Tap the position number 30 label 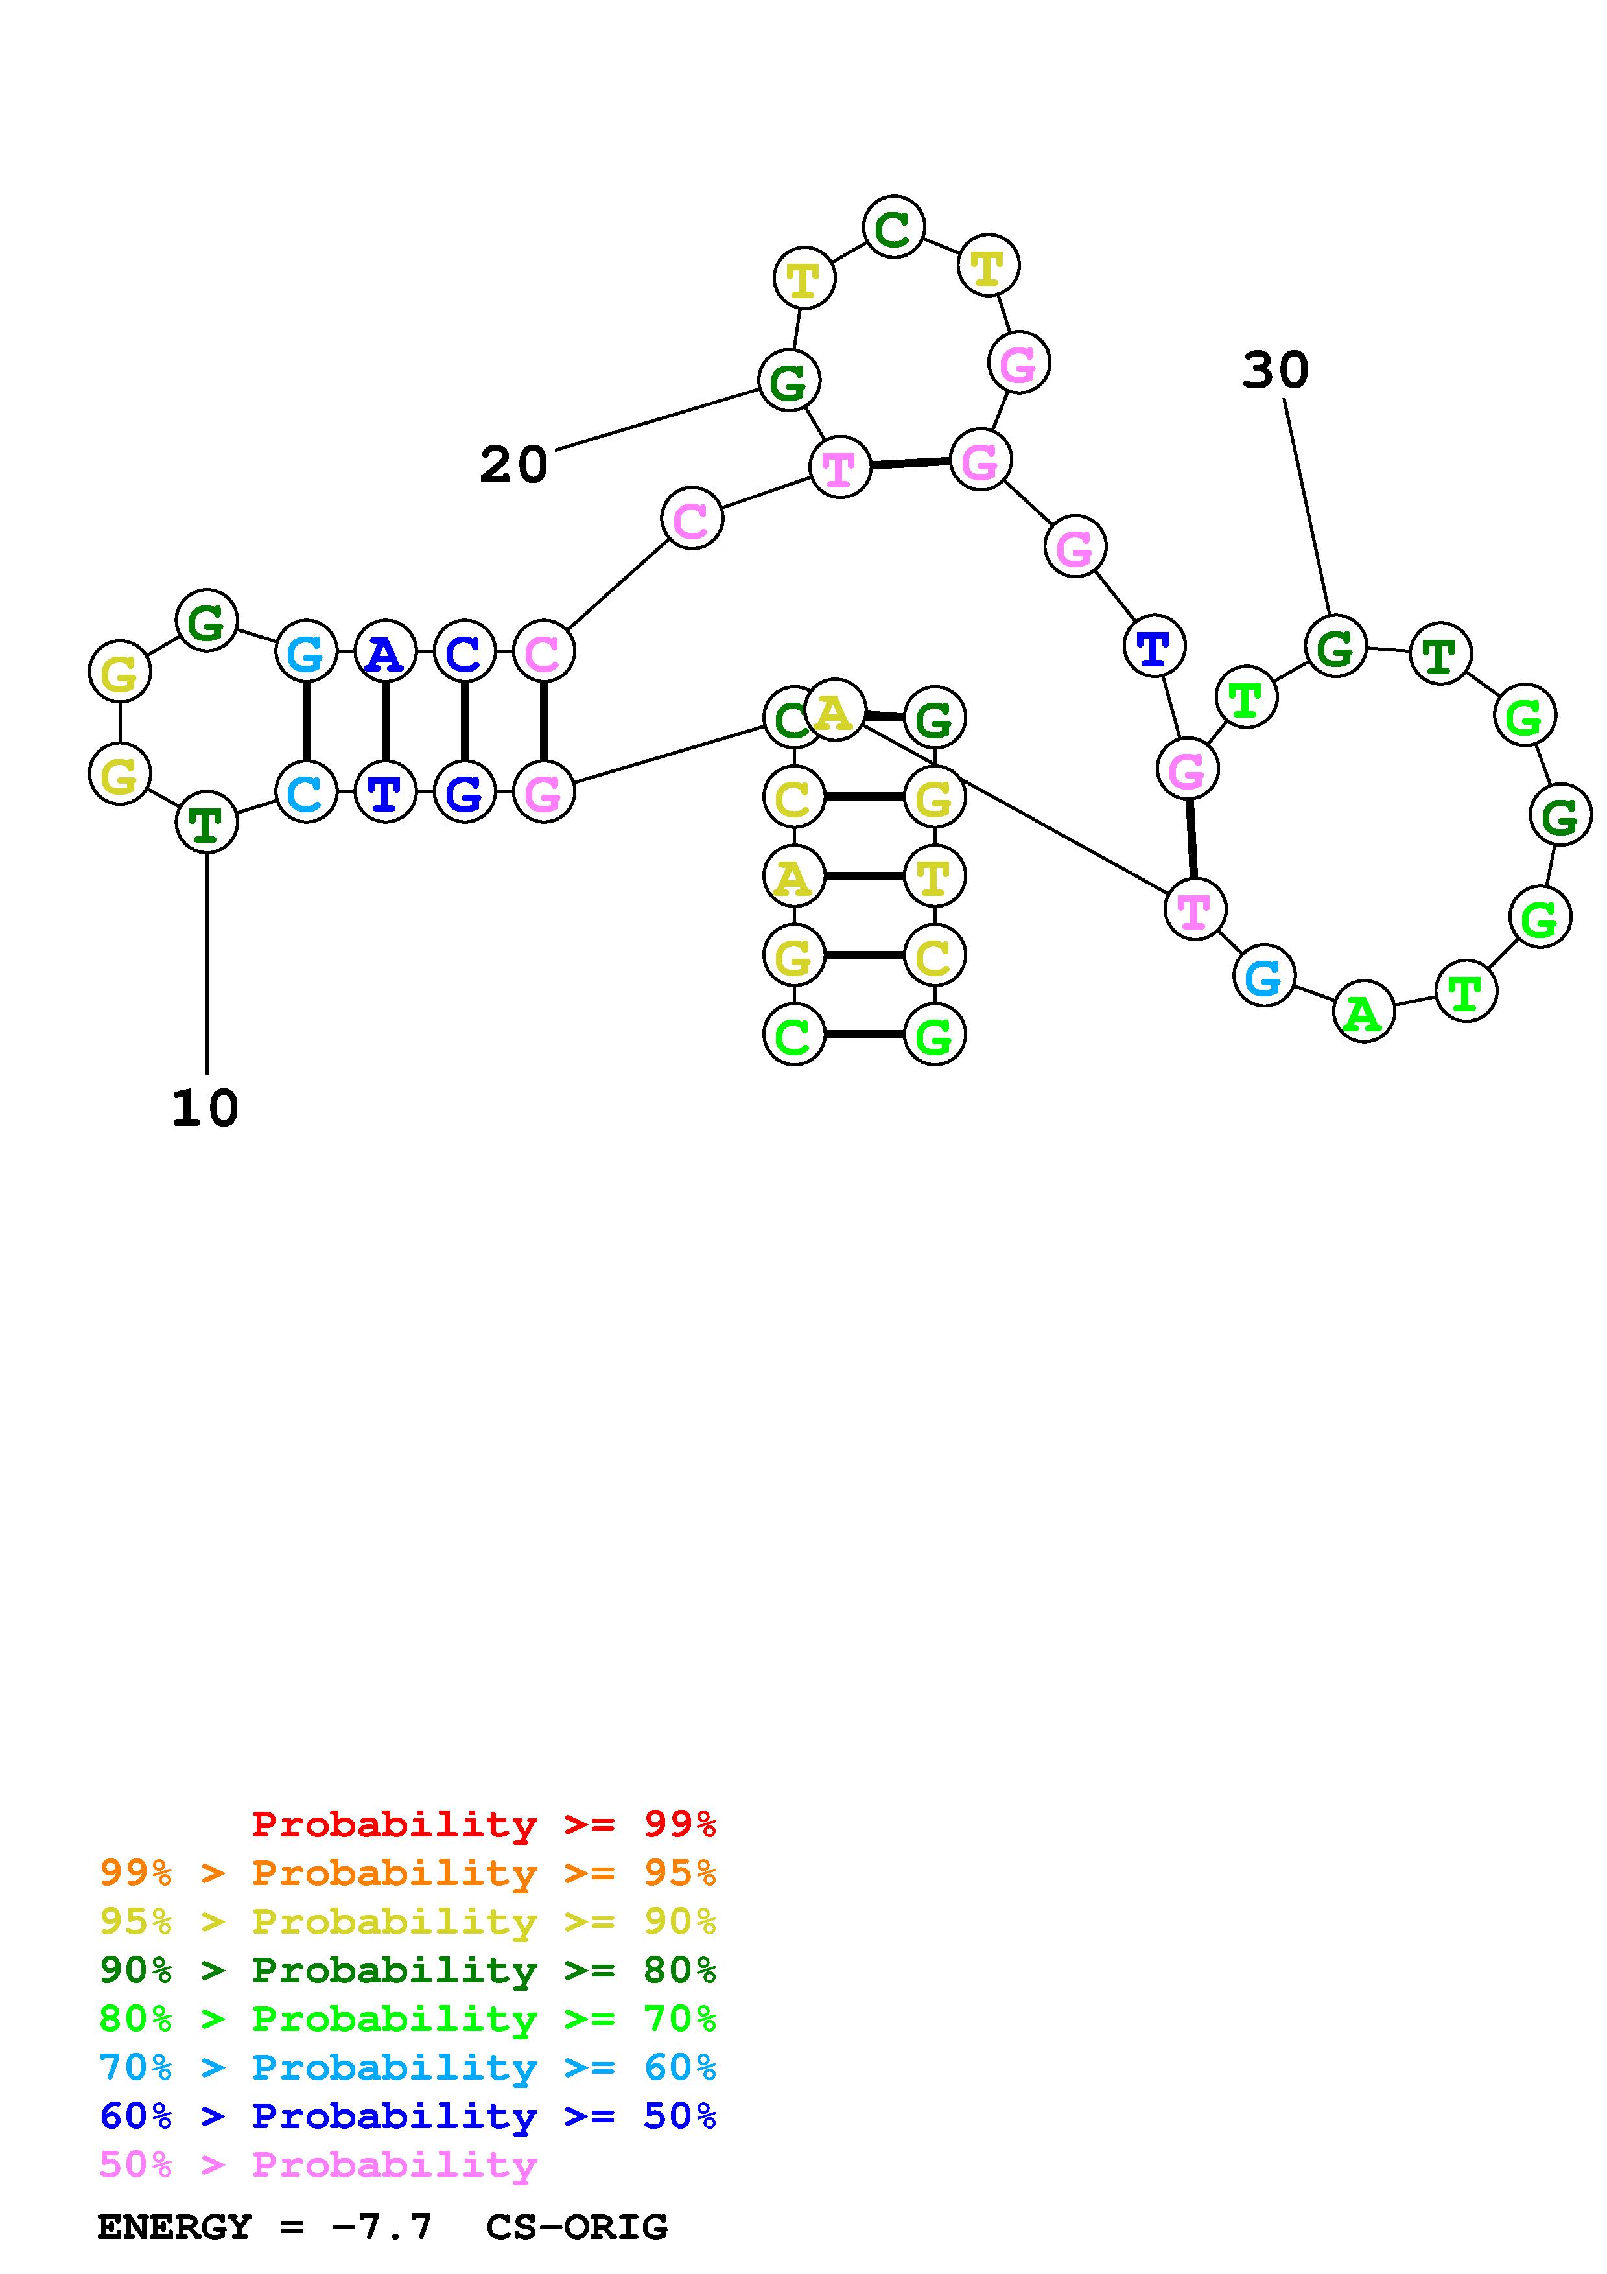click(1275, 370)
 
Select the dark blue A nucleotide click(385, 651)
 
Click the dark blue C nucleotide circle click(463, 651)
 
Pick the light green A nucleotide click(1363, 1012)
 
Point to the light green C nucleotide click(794, 1036)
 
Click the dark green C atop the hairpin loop click(893, 228)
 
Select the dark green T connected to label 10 click(206, 822)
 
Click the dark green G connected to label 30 click(1335, 648)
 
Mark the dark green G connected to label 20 click(789, 381)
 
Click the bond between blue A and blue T click(385, 722)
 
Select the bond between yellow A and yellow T click(863, 876)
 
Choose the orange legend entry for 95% click(408, 1873)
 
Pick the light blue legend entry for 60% click(408, 2068)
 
